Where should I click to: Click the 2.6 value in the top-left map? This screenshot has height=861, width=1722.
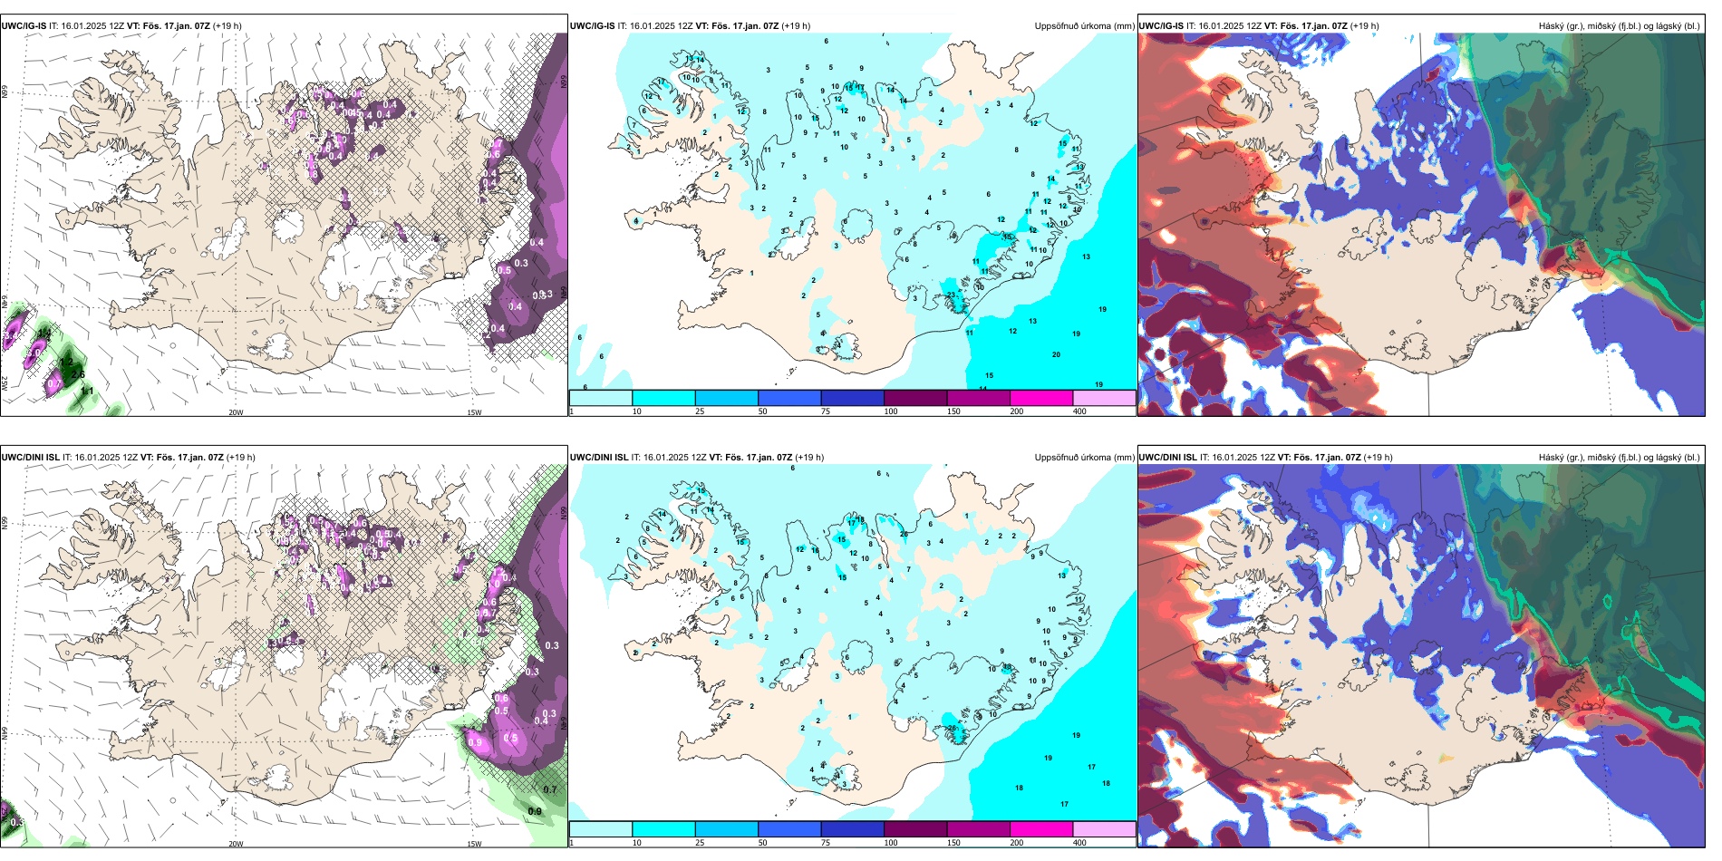pyautogui.click(x=78, y=374)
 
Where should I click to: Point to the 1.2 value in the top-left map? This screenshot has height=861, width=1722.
pyautogui.click(x=65, y=362)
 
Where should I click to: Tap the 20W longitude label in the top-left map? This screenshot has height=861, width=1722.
pyautogui.click(x=236, y=412)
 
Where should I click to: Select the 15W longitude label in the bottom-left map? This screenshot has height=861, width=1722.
pyautogui.click(x=474, y=844)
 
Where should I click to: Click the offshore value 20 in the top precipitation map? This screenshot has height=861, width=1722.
pyautogui.click(x=1056, y=354)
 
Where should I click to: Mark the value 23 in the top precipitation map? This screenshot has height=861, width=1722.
pyautogui.click(x=952, y=295)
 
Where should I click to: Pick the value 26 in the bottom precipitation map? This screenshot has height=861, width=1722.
pyautogui.click(x=952, y=728)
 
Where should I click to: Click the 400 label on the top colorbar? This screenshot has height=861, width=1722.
pyautogui.click(x=1079, y=411)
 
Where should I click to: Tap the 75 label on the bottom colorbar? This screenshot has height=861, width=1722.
pyautogui.click(x=826, y=843)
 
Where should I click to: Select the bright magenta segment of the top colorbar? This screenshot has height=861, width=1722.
pyautogui.click(x=1041, y=398)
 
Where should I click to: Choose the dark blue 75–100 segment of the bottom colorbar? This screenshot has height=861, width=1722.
pyautogui.click(x=852, y=829)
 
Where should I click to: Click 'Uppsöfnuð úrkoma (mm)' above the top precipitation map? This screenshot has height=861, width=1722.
pyautogui.click(x=1084, y=26)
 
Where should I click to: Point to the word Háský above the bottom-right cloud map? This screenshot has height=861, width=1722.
pyautogui.click(x=1551, y=458)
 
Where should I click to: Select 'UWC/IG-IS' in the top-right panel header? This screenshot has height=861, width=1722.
pyautogui.click(x=1161, y=26)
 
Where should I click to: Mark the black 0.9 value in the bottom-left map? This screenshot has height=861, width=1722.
pyautogui.click(x=535, y=811)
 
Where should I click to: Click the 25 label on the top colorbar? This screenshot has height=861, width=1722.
pyautogui.click(x=700, y=411)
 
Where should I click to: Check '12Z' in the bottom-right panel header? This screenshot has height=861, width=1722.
pyautogui.click(x=1264, y=458)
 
